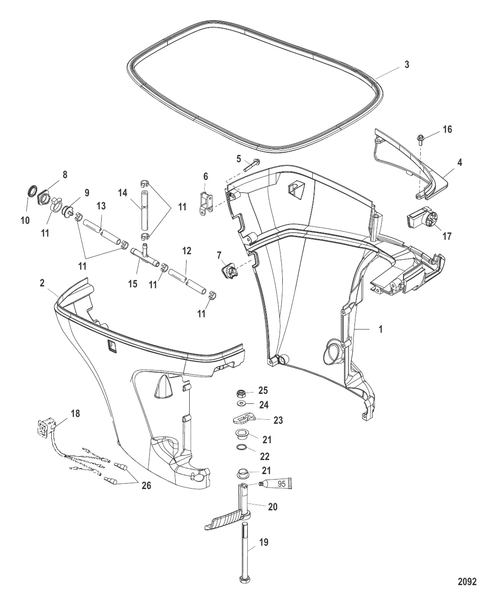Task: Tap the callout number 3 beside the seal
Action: coord(407,65)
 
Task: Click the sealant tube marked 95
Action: coord(276,485)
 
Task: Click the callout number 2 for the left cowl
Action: coord(42,283)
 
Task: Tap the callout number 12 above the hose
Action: coord(187,250)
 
